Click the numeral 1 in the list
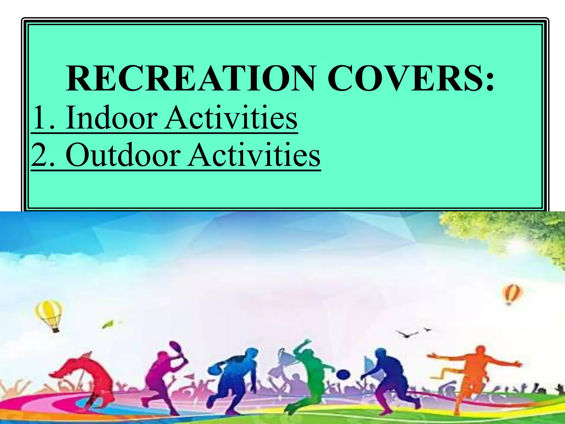39,118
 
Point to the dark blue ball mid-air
343,375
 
